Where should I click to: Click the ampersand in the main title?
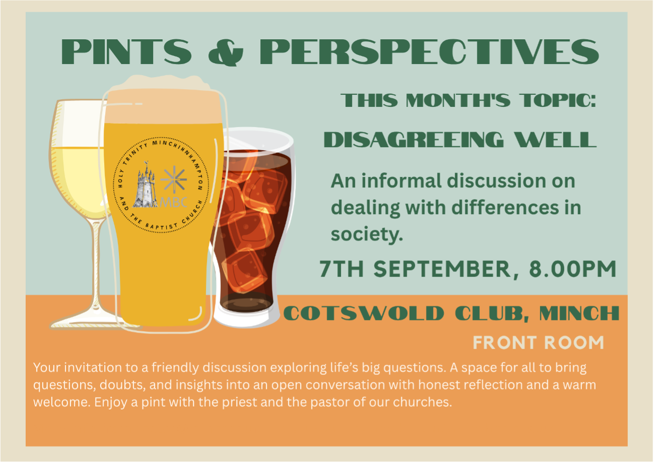(x=226, y=52)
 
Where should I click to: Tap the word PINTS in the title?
(x=126, y=52)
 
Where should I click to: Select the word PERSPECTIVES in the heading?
(x=429, y=52)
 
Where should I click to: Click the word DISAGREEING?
(x=414, y=140)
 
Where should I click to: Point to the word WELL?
(x=555, y=140)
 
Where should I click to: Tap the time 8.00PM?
(x=572, y=269)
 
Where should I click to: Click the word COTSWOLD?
(x=364, y=313)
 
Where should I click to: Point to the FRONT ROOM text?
(x=538, y=343)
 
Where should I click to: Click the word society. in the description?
(x=367, y=235)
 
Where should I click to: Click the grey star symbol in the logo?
(x=174, y=179)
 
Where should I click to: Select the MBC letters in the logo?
(x=173, y=202)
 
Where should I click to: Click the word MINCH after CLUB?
(x=579, y=313)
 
